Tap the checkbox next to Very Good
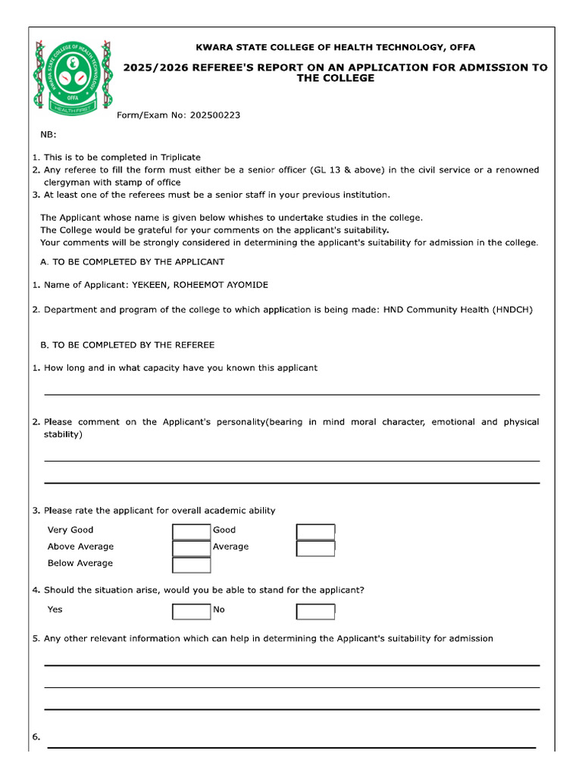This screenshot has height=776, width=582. pyautogui.click(x=191, y=531)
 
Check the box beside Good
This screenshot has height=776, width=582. pyautogui.click(x=315, y=531)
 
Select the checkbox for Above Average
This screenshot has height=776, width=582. pyautogui.click(x=191, y=548)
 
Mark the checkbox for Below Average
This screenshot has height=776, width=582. pyautogui.click(x=191, y=565)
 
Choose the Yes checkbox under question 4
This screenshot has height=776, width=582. pyautogui.click(x=191, y=611)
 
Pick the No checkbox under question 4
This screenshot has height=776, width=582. pyautogui.click(x=315, y=611)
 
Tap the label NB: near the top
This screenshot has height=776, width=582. pyautogui.click(x=48, y=135)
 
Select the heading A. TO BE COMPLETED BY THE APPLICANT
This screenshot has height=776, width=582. pyautogui.click(x=133, y=262)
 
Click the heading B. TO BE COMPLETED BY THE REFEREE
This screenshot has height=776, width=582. pyautogui.click(x=127, y=345)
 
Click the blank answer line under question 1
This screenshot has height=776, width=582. pyautogui.click(x=292, y=393)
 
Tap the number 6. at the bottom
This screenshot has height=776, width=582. pyautogui.click(x=36, y=737)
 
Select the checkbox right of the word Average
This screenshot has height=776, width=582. pyautogui.click(x=315, y=548)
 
